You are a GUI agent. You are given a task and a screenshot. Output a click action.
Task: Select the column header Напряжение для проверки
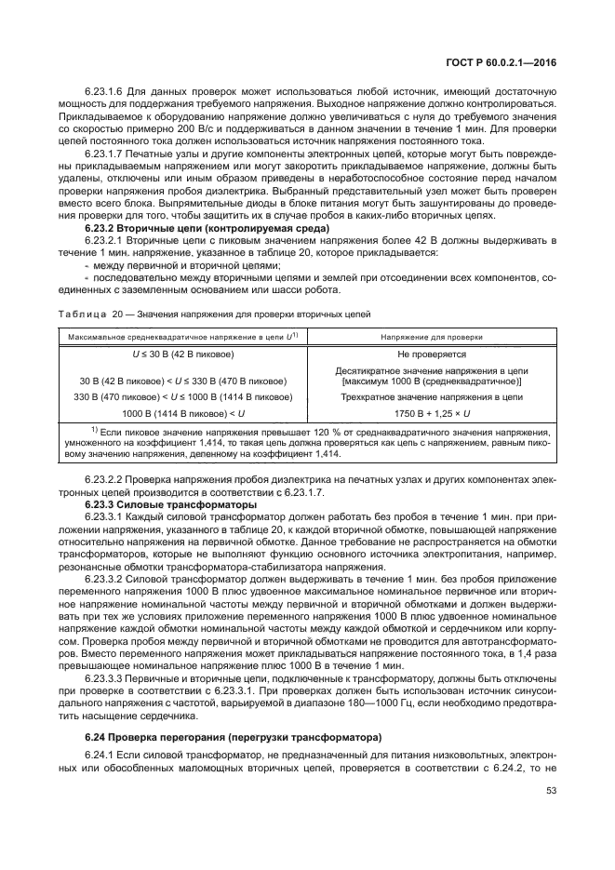[431, 334]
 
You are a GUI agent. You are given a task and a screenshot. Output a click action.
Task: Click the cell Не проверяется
[431, 355]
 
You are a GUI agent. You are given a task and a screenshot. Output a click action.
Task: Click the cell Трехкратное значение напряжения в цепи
[431, 396]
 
